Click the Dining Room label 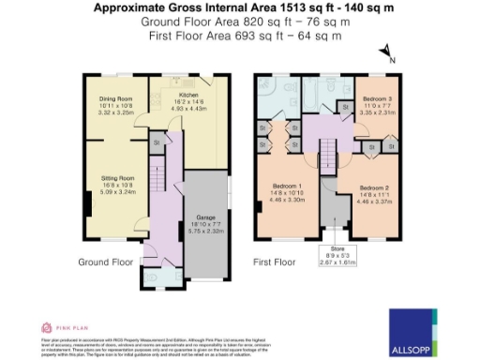point(117,97)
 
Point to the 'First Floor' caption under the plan point(278,262)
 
